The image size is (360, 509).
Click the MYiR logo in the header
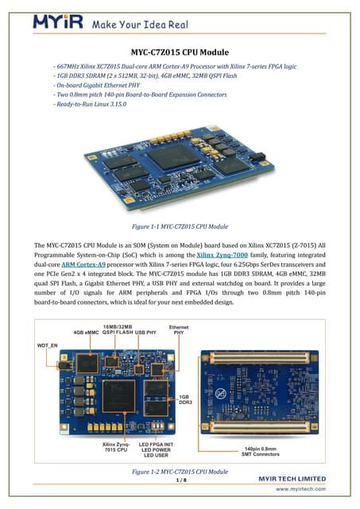point(58,22)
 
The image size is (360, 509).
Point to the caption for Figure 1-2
point(180,472)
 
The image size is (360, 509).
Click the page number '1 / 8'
point(180,480)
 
